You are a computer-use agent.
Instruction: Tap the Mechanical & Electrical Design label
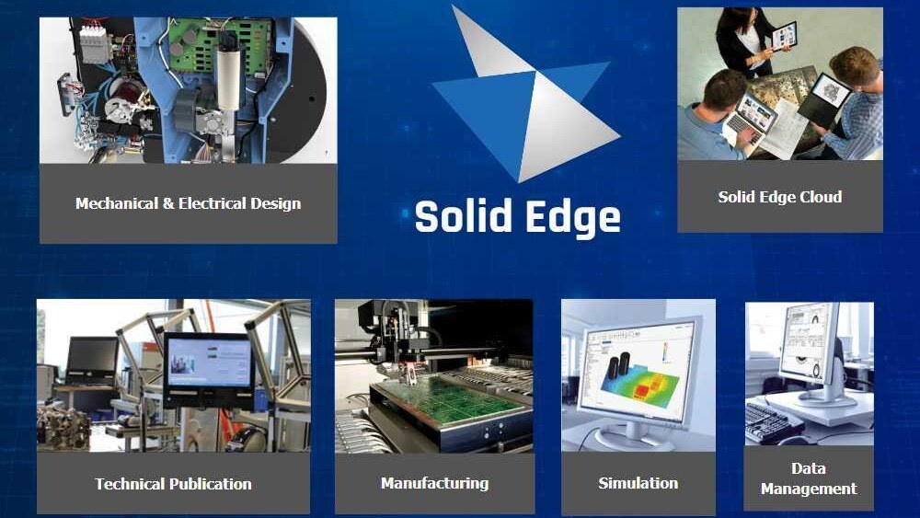click(x=188, y=203)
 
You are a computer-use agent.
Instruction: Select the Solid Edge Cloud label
click(x=780, y=197)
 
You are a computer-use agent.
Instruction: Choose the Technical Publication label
click(x=173, y=484)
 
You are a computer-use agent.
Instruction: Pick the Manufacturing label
click(x=434, y=483)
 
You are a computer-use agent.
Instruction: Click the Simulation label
click(x=638, y=483)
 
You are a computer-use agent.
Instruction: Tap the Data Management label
click(x=809, y=478)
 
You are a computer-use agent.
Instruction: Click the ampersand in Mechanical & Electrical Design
click(x=167, y=203)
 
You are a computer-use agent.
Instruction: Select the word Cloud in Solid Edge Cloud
click(x=819, y=197)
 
